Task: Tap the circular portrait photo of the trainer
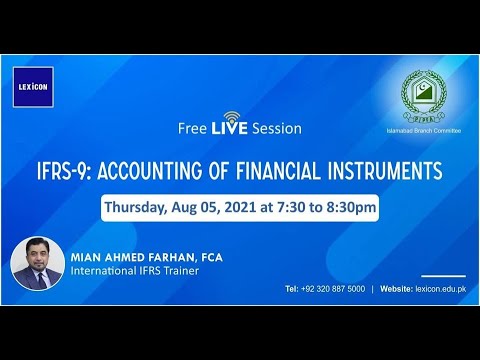(x=38, y=265)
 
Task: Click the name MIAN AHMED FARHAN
(x=131, y=257)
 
